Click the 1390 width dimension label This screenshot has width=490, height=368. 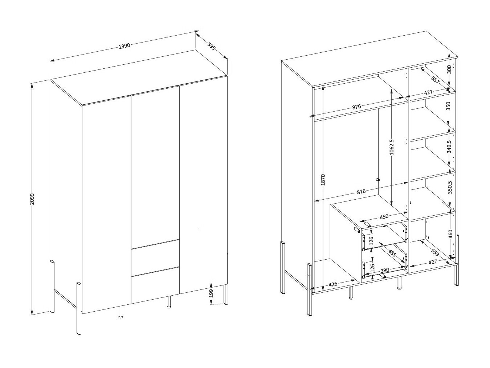click(x=124, y=46)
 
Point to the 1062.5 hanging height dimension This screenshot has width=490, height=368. click(x=391, y=147)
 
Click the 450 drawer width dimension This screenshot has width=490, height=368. click(x=384, y=217)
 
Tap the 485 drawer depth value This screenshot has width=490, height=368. click(x=392, y=252)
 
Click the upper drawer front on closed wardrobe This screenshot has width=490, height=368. click(x=155, y=258)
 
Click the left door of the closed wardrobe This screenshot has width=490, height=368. click(x=106, y=204)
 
